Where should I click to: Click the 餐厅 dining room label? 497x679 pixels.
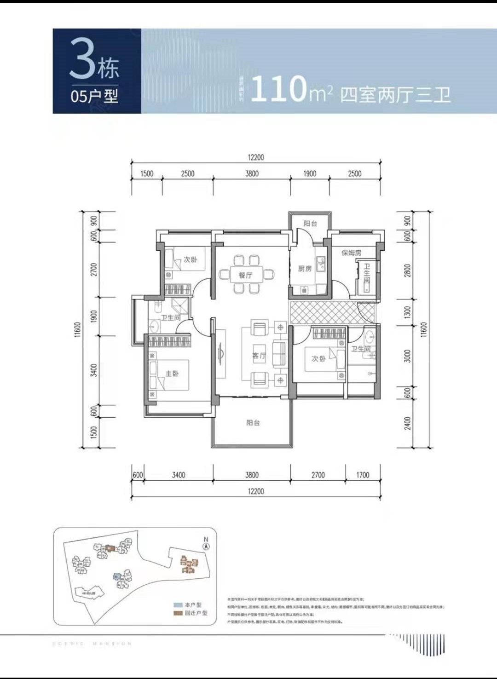point(245,275)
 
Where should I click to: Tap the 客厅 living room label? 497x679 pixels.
point(259,356)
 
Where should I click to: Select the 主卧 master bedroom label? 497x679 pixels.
point(172,374)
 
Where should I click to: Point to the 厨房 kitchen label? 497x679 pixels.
point(305,269)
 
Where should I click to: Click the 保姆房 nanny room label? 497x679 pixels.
point(351,253)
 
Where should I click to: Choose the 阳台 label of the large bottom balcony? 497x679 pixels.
point(253,422)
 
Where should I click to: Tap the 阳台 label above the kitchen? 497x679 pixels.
point(310,224)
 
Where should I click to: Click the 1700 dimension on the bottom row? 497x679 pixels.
point(363,475)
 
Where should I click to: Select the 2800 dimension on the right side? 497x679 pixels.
point(407,270)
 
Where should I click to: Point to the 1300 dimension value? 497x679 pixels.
point(407,312)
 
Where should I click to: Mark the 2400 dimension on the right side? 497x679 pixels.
point(407,423)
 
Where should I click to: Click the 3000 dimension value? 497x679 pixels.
point(407,356)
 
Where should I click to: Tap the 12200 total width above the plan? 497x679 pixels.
point(256,157)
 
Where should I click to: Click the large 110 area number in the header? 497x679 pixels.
point(278,89)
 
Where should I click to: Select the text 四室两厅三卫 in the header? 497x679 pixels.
point(395,95)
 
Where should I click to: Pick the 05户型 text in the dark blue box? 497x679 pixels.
point(94,96)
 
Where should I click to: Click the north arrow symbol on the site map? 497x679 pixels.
point(206,546)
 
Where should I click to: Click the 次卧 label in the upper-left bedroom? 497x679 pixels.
point(191,259)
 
